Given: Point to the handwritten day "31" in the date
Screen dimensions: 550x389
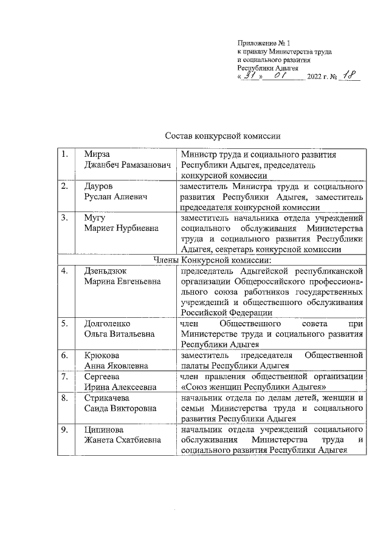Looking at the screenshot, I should coord(250,75).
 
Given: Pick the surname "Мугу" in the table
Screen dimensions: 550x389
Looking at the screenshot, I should coord(95,218).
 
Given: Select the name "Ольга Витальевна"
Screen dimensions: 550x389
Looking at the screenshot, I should coord(119,334).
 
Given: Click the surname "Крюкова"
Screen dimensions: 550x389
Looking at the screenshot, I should coord(102,355).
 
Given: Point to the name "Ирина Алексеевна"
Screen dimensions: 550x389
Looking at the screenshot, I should coord(120,387).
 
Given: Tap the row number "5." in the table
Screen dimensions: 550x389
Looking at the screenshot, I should coord(64,323).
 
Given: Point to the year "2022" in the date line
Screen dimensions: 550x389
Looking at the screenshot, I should coord(317,77).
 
